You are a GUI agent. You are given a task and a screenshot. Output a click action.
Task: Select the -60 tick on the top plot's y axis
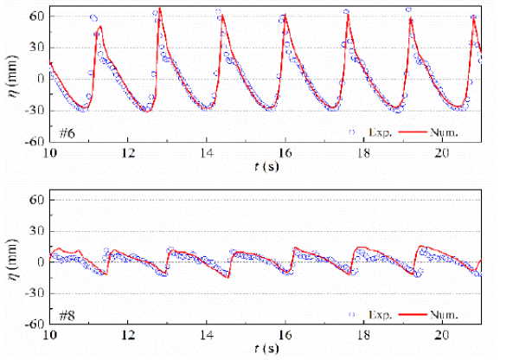point(35,141)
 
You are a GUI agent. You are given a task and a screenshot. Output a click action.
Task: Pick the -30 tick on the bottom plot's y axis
point(35,293)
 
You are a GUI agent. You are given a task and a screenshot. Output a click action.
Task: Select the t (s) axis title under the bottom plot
point(265,349)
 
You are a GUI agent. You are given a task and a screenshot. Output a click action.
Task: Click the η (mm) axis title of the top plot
point(11,79)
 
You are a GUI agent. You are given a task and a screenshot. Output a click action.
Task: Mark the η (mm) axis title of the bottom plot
point(11,262)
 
